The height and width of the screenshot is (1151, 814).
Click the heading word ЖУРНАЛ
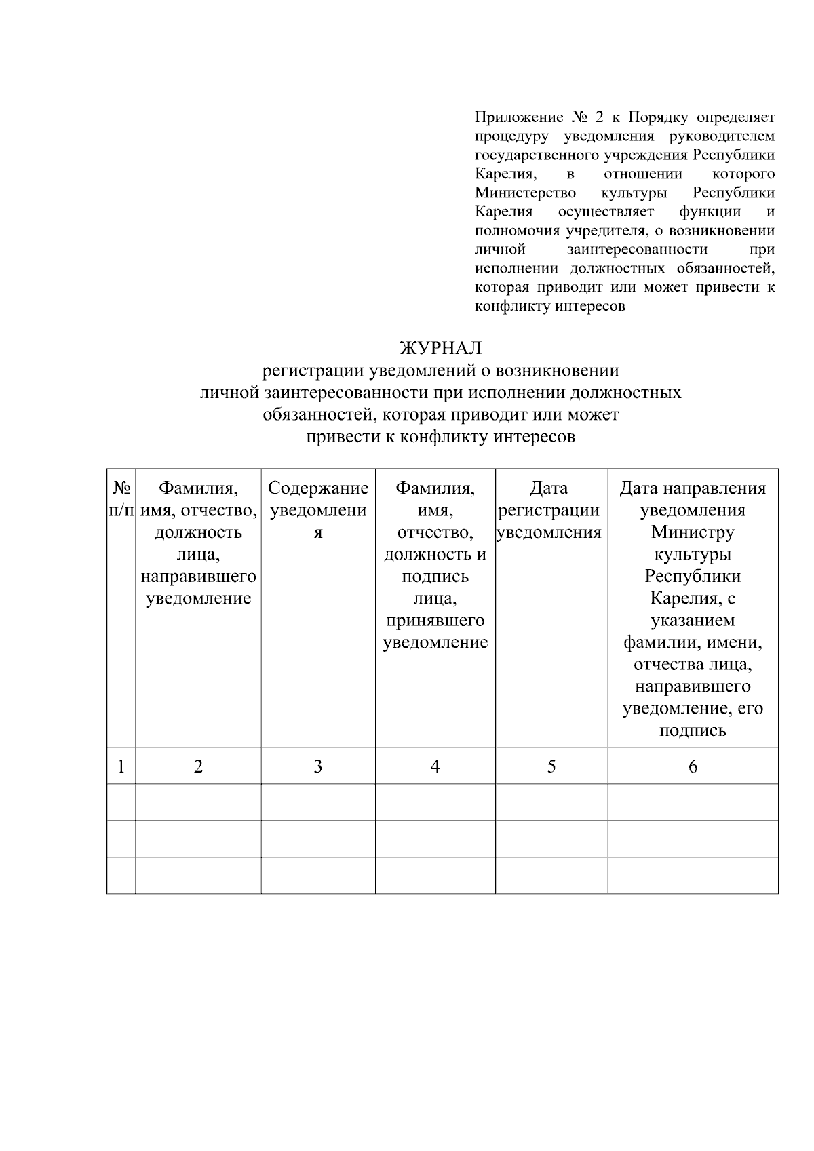point(441,348)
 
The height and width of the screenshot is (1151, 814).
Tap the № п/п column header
point(121,499)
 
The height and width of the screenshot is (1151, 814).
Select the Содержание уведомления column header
point(317,510)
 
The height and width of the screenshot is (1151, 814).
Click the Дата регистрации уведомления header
point(549,510)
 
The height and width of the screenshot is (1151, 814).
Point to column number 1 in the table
point(121,766)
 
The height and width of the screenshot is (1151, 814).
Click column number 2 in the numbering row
point(198,766)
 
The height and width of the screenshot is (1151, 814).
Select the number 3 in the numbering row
point(317,766)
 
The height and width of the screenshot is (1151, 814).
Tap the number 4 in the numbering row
point(435,766)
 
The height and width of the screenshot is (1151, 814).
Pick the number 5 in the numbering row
point(551,766)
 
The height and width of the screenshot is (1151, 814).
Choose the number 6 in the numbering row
point(693,766)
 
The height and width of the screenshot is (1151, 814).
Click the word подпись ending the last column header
point(693,730)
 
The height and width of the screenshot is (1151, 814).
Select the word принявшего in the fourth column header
point(435,621)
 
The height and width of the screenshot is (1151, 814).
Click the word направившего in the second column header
point(198,577)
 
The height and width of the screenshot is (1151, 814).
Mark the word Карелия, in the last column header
point(693,598)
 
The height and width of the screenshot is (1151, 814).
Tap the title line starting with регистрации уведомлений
point(441,370)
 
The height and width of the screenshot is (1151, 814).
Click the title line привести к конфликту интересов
point(441,436)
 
